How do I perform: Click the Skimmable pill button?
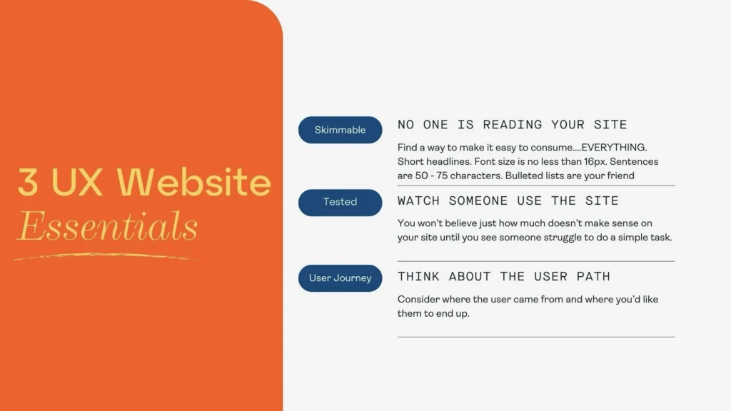pos(340,130)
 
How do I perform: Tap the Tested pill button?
pos(340,202)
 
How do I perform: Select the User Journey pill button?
pos(340,278)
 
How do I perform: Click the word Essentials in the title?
pos(107,227)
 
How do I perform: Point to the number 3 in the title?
pos(28,183)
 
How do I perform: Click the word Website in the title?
pos(194,183)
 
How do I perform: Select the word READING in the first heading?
pos(513,125)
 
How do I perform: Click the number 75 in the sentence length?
pos(448,176)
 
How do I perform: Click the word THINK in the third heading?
pos(419,276)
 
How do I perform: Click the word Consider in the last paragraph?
pos(419,300)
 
